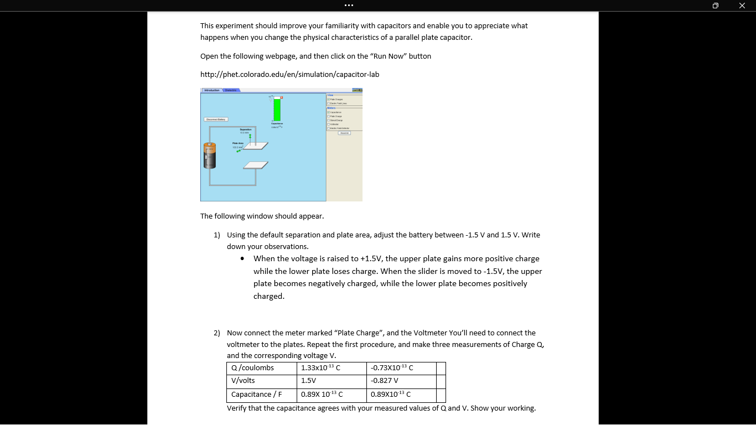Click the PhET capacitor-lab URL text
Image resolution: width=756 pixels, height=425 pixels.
[289, 74]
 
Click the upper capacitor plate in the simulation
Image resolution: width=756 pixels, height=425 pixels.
[256, 146]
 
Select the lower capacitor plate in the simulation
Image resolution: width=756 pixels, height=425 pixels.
[256, 165]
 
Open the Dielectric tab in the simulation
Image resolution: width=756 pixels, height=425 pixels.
[231, 90]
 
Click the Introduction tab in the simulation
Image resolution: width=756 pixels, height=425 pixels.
[211, 90]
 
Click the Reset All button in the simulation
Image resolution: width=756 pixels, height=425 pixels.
[344, 133]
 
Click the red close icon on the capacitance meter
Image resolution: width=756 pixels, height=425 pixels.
[281, 97]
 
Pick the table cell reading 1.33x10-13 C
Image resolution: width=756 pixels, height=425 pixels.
[332, 368]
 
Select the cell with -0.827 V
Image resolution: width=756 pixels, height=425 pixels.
[401, 381]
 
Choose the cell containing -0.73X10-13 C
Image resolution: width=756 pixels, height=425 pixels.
[401, 368]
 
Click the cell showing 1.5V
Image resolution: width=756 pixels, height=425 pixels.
[332, 381]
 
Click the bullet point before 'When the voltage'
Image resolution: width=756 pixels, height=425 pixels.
[242, 259]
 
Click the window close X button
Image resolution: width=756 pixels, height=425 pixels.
[742, 6]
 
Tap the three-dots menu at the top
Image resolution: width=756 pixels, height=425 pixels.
[349, 6]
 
